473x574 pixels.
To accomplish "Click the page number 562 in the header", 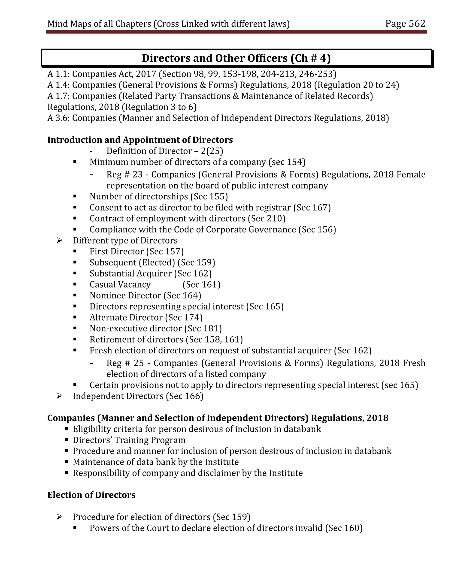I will tap(417, 24).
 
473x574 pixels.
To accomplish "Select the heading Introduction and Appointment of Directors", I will tap(140, 140).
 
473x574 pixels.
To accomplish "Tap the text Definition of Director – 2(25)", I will tap(165, 151).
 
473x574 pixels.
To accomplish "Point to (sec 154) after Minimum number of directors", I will tap(287, 162).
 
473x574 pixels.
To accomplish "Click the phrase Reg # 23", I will tap(124, 174).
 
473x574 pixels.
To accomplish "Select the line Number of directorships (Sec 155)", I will tap(159, 196).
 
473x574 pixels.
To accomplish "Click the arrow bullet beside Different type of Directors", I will tap(59, 240).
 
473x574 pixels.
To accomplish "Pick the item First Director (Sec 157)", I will tap(136, 251).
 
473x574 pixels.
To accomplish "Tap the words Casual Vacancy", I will tap(120, 285).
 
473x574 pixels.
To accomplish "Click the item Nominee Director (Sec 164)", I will tap(145, 295).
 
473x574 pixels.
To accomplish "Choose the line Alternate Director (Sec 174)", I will tap(146, 318).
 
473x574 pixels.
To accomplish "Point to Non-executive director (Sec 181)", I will tap(156, 328).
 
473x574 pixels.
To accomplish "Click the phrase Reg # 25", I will tap(125, 363).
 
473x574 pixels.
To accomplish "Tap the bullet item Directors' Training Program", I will tap(129, 440).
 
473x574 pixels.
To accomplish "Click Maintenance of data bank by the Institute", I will tap(156, 462).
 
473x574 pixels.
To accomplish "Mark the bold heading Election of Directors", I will tap(91, 495).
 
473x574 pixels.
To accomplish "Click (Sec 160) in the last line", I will tap(344, 528).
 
